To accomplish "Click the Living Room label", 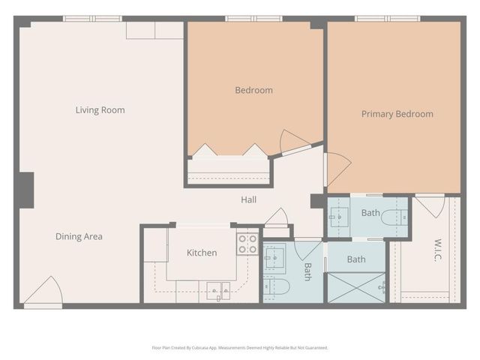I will pyautogui.click(x=100, y=110).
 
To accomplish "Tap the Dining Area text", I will pyautogui.click(x=79, y=236).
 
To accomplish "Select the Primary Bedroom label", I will pyautogui.click(x=397, y=114).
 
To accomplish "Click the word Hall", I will pyautogui.click(x=248, y=199).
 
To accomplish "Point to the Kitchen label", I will pyautogui.click(x=202, y=253).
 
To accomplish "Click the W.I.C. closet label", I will pyautogui.click(x=439, y=250).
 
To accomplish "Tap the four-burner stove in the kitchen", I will pyautogui.click(x=247, y=244).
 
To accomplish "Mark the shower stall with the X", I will pyautogui.click(x=355, y=288).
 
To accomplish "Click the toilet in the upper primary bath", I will pyautogui.click(x=394, y=218).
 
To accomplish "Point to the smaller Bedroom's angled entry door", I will pyautogui.click(x=293, y=142).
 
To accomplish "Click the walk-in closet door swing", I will pyautogui.click(x=430, y=205).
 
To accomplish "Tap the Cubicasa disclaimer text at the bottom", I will pyautogui.click(x=240, y=348).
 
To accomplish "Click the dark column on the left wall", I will pyautogui.click(x=26, y=190).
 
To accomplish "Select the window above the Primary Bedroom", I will pyautogui.click(x=388, y=18).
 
